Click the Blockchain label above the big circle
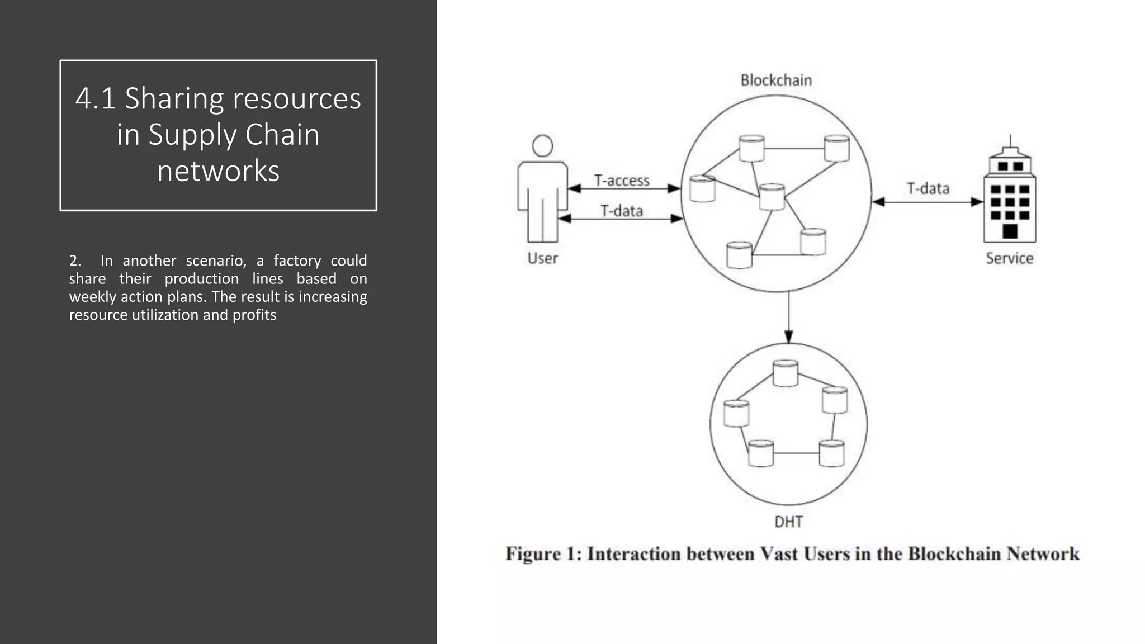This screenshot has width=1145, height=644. (x=776, y=80)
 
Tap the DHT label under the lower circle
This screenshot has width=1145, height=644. (x=788, y=522)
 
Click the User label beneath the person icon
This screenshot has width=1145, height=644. (x=542, y=258)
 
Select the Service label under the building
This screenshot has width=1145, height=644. (x=1009, y=258)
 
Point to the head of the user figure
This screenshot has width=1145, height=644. (x=542, y=146)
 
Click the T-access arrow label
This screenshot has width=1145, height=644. (x=622, y=181)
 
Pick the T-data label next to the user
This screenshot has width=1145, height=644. (x=622, y=211)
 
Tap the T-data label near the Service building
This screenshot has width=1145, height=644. (x=928, y=188)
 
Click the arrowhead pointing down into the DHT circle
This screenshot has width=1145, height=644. (x=788, y=336)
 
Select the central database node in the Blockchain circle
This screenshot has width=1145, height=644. (x=772, y=197)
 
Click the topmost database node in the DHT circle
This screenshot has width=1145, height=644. (x=785, y=373)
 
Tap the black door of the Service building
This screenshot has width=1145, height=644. (x=1010, y=231)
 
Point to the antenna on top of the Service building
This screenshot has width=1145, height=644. (x=1010, y=140)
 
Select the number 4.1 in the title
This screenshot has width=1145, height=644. (x=95, y=98)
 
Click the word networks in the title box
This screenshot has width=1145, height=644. (x=218, y=171)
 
